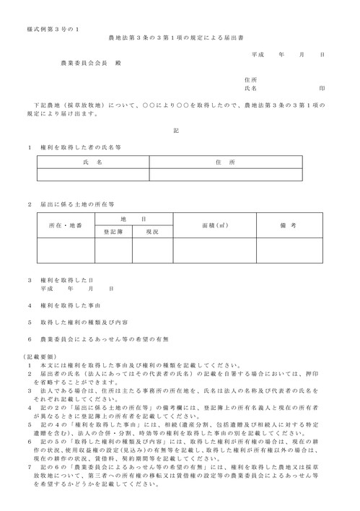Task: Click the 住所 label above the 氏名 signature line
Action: click(251, 79)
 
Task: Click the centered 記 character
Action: click(176, 129)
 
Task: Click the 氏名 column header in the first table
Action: click(93, 163)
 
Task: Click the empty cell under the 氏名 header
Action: click(93, 175)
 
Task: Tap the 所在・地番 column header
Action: click(65, 225)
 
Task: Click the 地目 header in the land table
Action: click(132, 218)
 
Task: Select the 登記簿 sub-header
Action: click(112, 232)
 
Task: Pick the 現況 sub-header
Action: click(152, 232)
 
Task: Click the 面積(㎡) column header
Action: click(215, 225)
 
